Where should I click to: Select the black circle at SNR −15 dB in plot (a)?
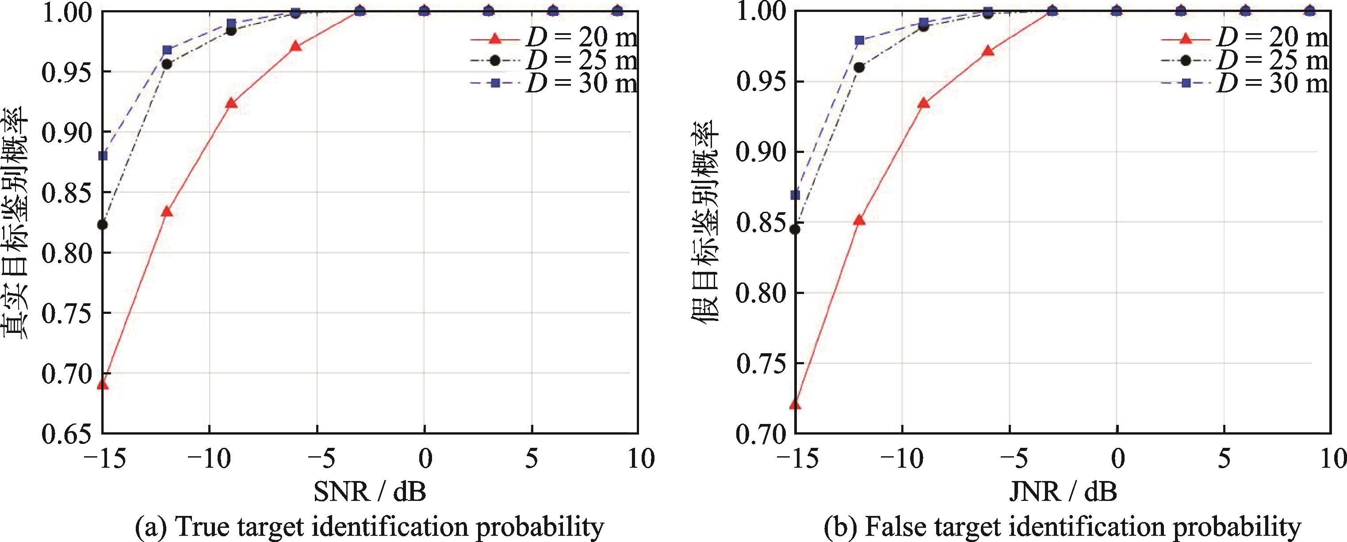tap(103, 225)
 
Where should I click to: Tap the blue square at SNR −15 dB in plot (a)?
tap(103, 156)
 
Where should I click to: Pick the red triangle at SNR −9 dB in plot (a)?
tap(231, 103)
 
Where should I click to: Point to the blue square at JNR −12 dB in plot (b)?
tap(860, 40)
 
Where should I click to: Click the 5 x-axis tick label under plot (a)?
tap(532, 460)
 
